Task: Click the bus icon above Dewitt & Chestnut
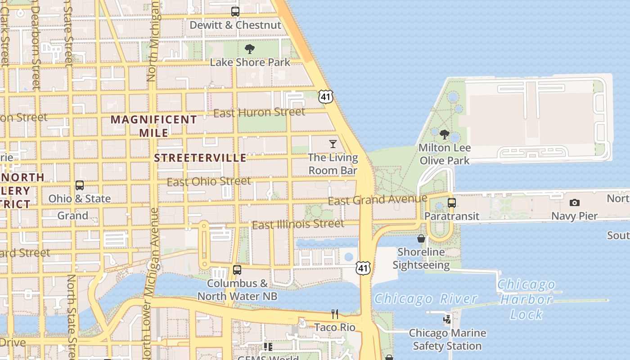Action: (x=235, y=12)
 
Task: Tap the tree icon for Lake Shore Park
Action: (x=250, y=49)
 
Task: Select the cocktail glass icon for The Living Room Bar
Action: (x=333, y=144)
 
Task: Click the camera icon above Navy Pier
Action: (x=575, y=203)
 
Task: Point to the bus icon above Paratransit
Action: (x=452, y=203)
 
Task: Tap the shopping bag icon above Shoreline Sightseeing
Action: (x=421, y=238)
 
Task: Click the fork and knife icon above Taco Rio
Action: (x=335, y=314)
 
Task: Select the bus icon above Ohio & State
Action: (x=80, y=185)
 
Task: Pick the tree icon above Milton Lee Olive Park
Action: (x=445, y=135)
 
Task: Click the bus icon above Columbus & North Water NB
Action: (x=237, y=270)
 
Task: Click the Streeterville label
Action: (x=200, y=158)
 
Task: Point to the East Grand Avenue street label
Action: (x=377, y=199)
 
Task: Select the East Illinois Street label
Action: (x=298, y=224)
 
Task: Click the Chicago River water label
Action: (x=426, y=299)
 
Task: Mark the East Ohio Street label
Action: (x=209, y=182)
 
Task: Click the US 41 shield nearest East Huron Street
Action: (x=325, y=96)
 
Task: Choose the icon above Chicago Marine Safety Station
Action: (x=447, y=319)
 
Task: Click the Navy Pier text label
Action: (x=574, y=216)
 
